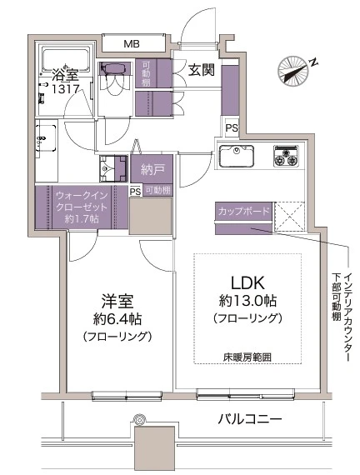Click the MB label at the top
coord(132,43)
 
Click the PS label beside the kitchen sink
coord(232,128)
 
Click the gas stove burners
coord(287,155)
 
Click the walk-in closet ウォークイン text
coord(82,196)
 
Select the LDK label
coord(246,282)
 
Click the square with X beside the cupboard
coord(291,217)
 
